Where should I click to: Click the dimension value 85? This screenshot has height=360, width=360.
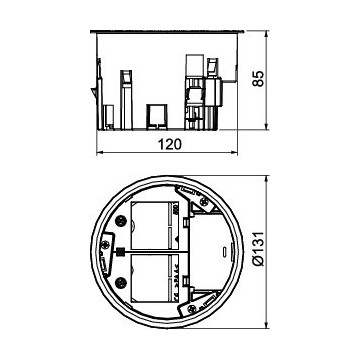point(258,79)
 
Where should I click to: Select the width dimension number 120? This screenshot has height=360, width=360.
point(170,144)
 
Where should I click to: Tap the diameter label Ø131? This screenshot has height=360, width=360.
point(258,249)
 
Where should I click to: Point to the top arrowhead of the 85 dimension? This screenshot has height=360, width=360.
point(266,34)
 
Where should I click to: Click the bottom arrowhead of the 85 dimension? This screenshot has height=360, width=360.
point(266,126)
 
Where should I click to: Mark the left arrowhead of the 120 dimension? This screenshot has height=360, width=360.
point(100,153)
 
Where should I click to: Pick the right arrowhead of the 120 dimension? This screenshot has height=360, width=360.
point(234,153)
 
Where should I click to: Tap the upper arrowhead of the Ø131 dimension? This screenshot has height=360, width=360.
point(266,179)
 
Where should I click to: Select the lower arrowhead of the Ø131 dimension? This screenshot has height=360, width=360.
point(266,324)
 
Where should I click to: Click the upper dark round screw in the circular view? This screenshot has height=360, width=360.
point(120,221)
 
